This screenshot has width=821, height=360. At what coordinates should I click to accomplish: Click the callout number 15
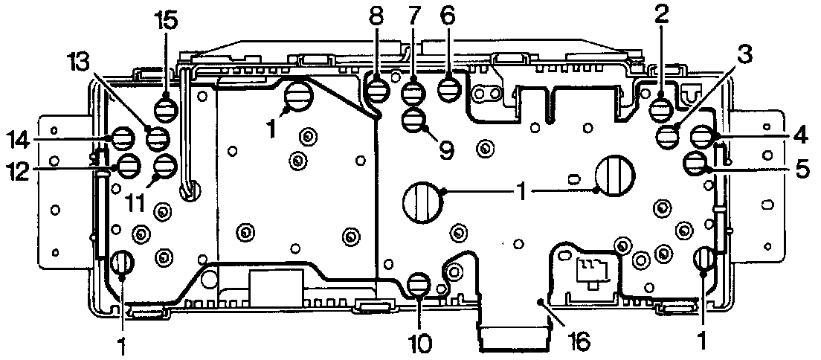(x=166, y=20)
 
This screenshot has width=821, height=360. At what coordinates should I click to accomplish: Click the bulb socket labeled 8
(x=377, y=91)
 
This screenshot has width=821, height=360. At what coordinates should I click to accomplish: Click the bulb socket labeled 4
(x=701, y=136)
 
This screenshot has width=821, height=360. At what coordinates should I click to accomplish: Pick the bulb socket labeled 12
(x=128, y=167)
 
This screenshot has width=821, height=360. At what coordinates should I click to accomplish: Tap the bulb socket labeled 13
(x=158, y=138)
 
